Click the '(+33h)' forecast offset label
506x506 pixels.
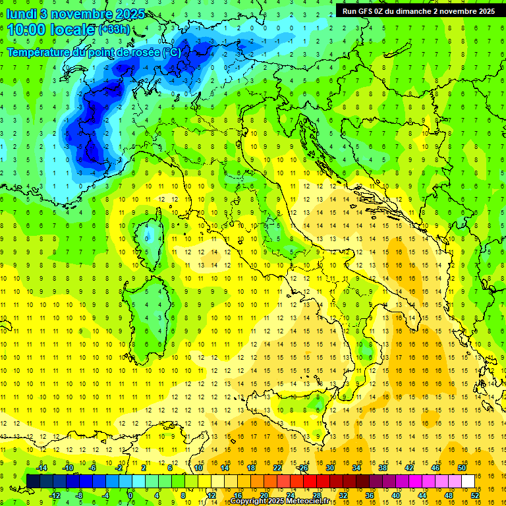pos(114,30)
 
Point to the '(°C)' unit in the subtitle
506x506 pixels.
pos(171,51)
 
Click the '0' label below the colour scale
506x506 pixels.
pos(130,495)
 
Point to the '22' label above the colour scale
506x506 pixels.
pos(277,468)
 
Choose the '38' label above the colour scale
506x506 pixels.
pos(383,468)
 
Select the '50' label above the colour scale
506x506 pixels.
pos(462,468)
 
